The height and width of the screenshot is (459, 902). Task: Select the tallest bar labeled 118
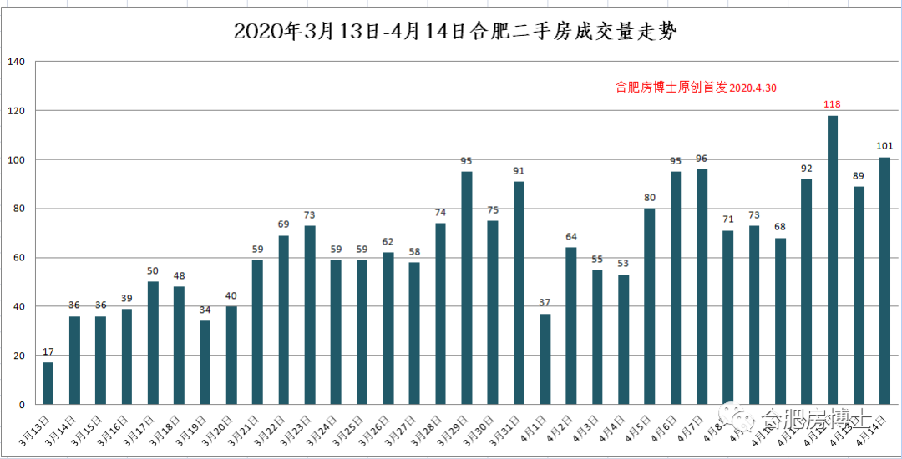coord(832,260)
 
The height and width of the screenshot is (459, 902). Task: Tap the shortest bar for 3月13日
coord(48,383)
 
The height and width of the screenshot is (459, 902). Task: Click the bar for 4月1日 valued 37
coord(545,359)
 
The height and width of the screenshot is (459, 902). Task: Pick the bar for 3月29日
coord(467,288)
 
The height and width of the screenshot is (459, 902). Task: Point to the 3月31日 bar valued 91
coord(519,293)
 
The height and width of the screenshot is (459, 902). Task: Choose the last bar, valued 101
coord(884,280)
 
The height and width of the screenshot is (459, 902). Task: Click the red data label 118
coord(832,104)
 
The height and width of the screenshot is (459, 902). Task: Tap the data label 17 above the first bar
coord(48,351)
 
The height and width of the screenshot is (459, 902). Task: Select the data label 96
coord(702,159)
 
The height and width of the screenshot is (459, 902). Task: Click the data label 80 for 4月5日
coord(649,198)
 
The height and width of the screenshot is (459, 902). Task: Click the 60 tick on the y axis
coord(19,258)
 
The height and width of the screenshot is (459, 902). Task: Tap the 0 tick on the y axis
coord(23,405)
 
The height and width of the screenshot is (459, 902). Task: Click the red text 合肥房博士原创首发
coord(671,87)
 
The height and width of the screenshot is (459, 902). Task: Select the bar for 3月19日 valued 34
coord(205,362)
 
